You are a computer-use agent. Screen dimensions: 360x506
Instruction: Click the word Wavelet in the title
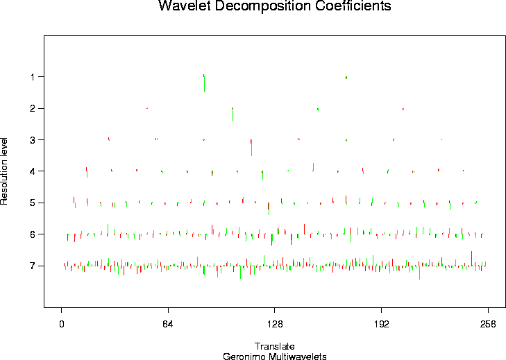[x=184, y=7]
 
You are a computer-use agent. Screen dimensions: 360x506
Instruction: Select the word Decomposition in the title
[x=258, y=7]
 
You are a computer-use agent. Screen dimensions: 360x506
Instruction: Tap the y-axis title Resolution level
[x=5, y=170]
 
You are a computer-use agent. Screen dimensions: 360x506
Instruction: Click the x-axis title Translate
[x=275, y=346]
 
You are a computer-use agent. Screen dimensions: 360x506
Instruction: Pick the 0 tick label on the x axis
[x=62, y=323]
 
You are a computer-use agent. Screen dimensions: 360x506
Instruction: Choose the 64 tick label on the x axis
[x=168, y=323]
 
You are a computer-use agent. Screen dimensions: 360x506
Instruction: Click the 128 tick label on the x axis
[x=274, y=323]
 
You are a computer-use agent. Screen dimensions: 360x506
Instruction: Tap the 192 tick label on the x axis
[x=380, y=323]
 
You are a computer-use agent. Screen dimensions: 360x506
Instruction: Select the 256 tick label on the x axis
[x=487, y=323]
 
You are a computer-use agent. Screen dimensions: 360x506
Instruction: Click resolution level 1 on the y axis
[x=33, y=76]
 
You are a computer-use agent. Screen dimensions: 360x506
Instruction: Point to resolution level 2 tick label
[x=33, y=108]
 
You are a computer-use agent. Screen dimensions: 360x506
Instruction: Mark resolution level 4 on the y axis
[x=33, y=171]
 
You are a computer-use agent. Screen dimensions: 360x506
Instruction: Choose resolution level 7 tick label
[x=33, y=265]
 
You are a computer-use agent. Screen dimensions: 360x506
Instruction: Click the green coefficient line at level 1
[x=204, y=83]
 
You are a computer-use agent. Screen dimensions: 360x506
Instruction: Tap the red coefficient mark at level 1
[x=346, y=77]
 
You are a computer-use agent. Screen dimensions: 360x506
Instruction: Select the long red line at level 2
[x=233, y=114]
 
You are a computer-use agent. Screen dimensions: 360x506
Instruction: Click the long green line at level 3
[x=251, y=147]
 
